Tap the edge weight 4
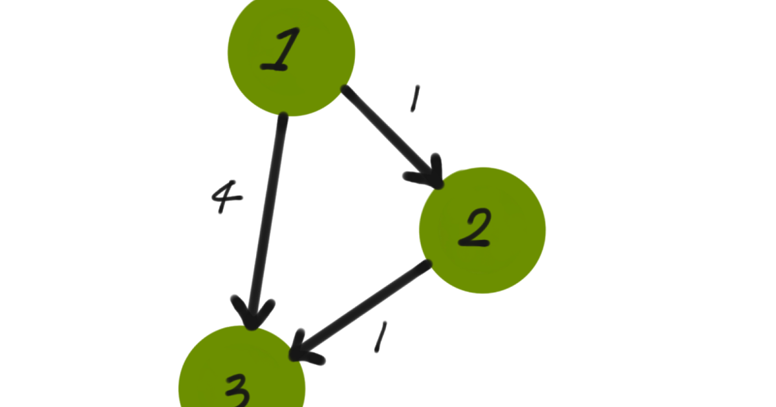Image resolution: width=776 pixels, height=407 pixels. [227, 197]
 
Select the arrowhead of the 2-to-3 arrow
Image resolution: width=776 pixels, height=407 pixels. [301, 349]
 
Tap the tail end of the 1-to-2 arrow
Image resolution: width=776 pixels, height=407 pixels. [347, 91]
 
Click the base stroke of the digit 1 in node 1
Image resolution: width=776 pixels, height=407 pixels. [275, 67]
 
